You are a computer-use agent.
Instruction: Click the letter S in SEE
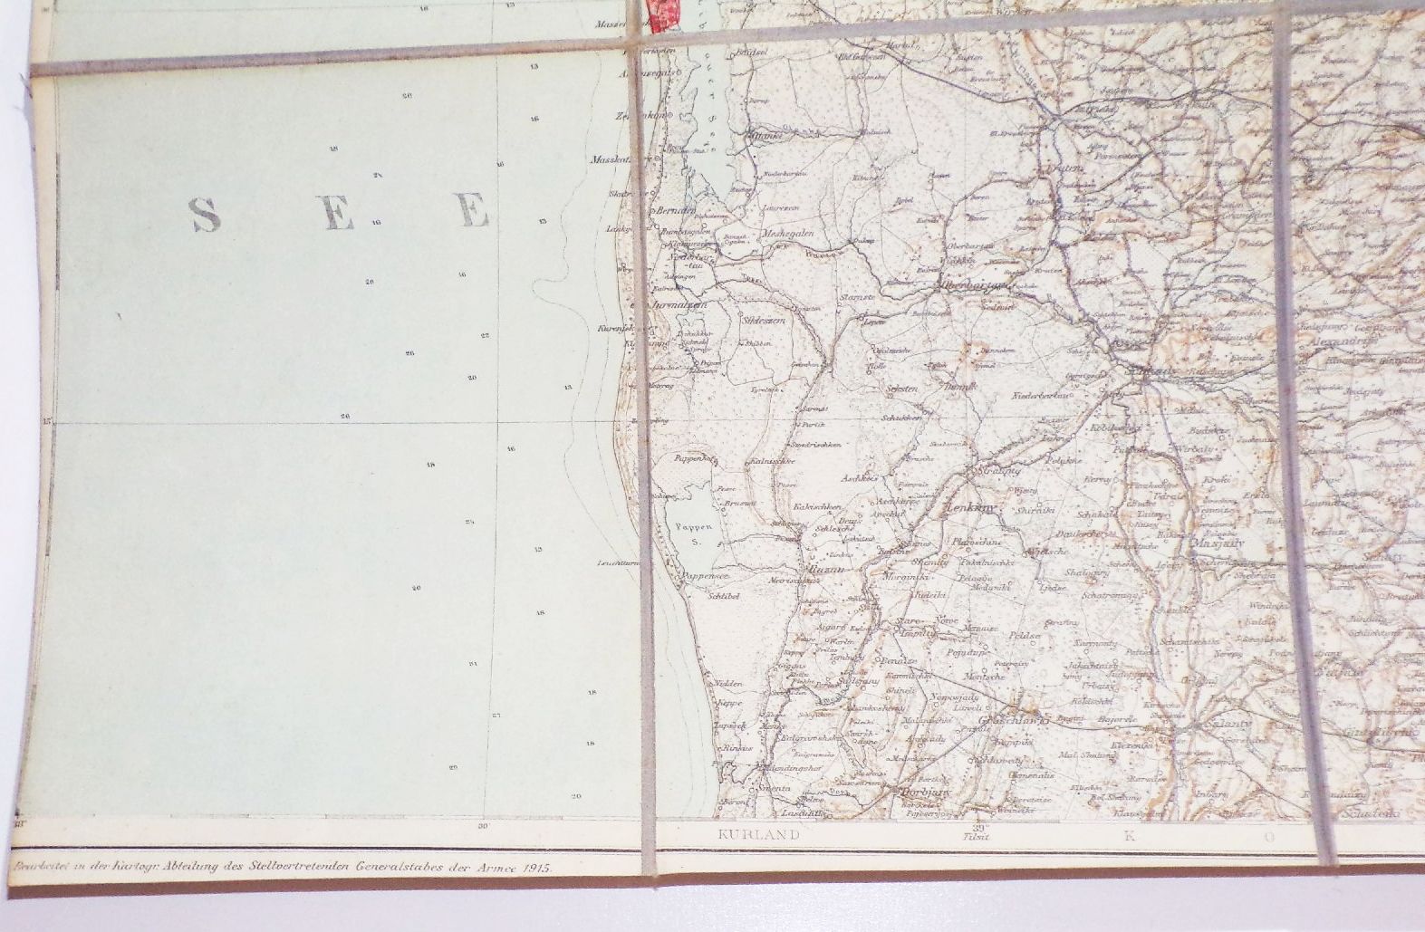pyautogui.click(x=206, y=215)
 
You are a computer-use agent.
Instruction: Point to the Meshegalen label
pyautogui.click(x=788, y=233)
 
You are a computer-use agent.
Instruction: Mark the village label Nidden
pyautogui.click(x=728, y=683)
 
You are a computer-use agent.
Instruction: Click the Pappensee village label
pyautogui.click(x=706, y=575)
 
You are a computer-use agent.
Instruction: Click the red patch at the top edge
pyautogui.click(x=665, y=14)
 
